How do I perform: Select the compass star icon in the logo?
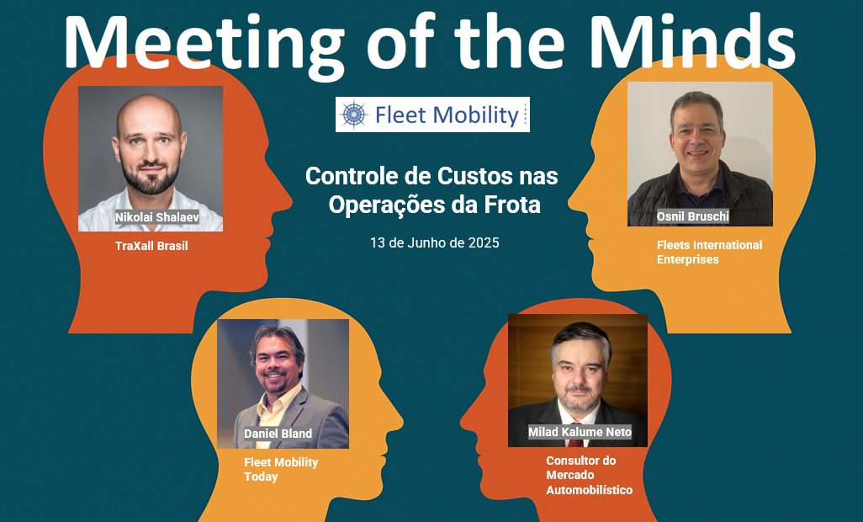354,115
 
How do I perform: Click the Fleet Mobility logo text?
447,115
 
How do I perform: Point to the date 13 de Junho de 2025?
435,242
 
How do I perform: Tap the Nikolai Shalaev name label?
156,217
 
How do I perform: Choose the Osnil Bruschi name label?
693,216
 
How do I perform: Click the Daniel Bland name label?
278,434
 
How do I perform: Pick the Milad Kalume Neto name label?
580,432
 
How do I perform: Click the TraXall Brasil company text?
151,246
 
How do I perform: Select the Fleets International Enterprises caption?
709,253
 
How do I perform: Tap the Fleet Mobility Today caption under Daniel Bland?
281,469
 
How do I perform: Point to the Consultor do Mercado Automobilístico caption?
589,475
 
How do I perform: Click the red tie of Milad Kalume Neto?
575,442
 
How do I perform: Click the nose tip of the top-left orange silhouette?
290,202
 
